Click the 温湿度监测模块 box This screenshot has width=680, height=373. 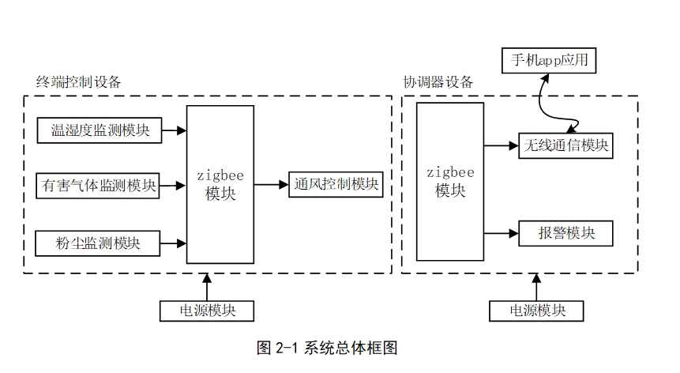point(99,130)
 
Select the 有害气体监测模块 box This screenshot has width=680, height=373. point(99,186)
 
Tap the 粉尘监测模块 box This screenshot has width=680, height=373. point(99,243)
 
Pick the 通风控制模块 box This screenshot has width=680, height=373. point(336,184)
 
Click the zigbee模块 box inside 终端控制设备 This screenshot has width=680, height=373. point(220,183)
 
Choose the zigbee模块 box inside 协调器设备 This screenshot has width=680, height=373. point(449,181)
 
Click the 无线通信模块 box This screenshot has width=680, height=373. point(565,145)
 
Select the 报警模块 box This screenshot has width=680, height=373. point(565,233)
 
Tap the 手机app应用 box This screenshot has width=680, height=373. point(550,60)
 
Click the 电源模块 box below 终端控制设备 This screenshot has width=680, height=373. point(209,311)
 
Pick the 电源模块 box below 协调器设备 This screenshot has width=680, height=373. point(537,311)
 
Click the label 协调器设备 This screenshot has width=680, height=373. point(439,82)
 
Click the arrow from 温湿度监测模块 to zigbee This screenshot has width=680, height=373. point(174,130)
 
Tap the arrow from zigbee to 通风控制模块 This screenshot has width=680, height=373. point(272,184)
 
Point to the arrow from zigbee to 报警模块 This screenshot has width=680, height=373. point(501,233)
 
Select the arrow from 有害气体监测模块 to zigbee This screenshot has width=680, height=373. point(172,186)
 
